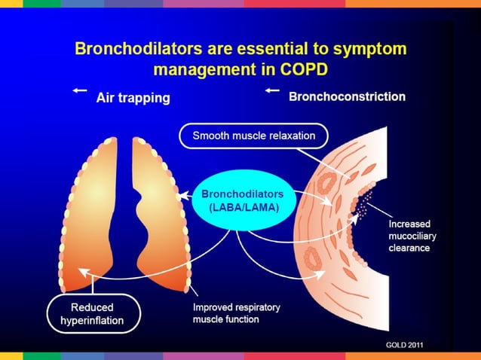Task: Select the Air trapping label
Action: point(133,98)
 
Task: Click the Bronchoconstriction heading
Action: point(347,97)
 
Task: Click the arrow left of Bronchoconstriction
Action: point(272,90)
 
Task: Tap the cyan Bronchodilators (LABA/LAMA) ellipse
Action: point(237,200)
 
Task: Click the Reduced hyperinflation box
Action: point(92,313)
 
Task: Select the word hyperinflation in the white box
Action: point(92,321)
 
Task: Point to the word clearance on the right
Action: point(409,248)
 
